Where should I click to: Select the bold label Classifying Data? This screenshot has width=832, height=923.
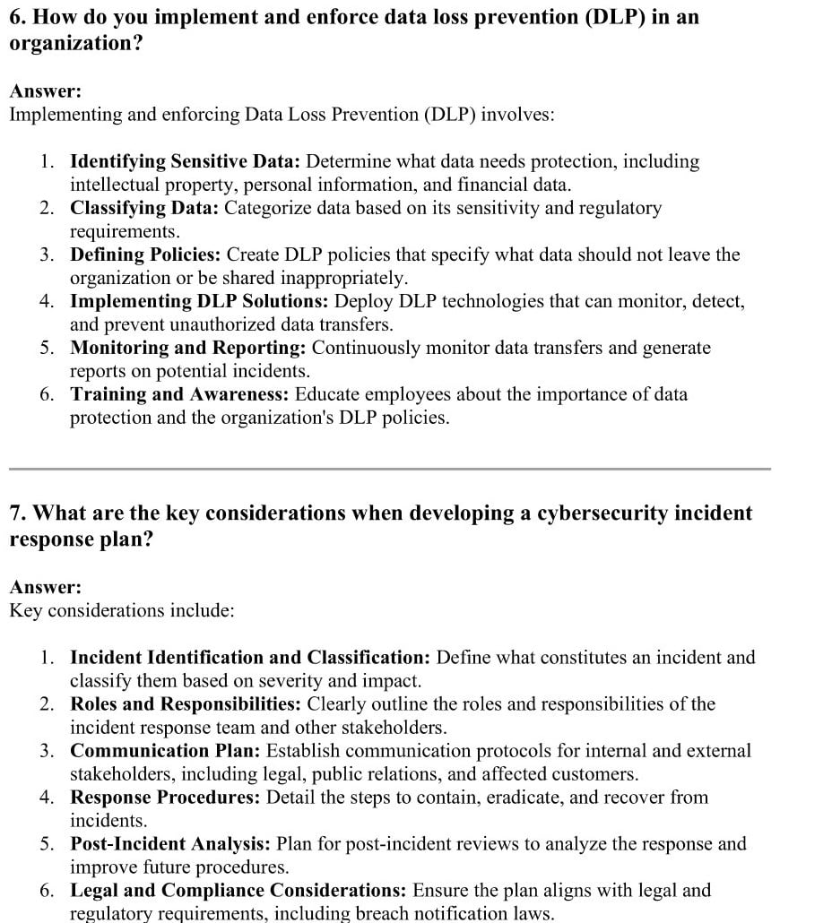(144, 209)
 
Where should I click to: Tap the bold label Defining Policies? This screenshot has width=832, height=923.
(146, 255)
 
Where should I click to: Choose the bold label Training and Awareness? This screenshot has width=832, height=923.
(180, 394)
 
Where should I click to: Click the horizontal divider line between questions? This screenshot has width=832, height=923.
(390, 468)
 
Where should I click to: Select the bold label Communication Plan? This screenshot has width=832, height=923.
(166, 751)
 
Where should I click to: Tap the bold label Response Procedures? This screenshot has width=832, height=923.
(166, 798)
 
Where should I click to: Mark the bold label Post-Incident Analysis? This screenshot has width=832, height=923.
(170, 844)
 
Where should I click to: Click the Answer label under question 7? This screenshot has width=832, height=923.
(45, 588)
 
